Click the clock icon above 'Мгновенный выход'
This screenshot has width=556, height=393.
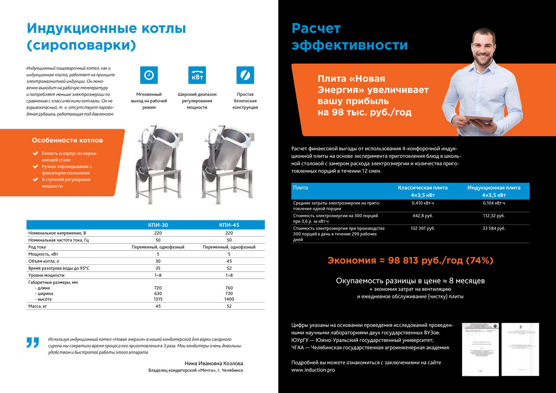(x=149, y=75)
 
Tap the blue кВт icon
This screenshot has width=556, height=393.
(x=197, y=75)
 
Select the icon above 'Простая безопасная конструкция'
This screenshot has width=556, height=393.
(x=245, y=75)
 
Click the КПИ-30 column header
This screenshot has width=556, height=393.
(x=158, y=225)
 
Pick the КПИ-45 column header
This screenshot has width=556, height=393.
(x=229, y=225)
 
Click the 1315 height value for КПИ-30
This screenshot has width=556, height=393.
(x=158, y=299)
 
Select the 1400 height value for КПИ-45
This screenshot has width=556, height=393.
(x=229, y=299)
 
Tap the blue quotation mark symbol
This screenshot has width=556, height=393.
(x=32, y=343)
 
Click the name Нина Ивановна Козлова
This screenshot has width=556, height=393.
(x=214, y=363)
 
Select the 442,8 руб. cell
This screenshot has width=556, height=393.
(x=423, y=216)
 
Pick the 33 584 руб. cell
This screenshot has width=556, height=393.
(x=493, y=228)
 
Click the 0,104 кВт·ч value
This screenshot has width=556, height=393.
(x=493, y=203)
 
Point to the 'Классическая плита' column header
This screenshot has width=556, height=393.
(x=423, y=188)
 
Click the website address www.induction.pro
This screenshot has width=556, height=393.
(x=313, y=370)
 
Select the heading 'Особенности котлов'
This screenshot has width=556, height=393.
(x=68, y=140)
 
